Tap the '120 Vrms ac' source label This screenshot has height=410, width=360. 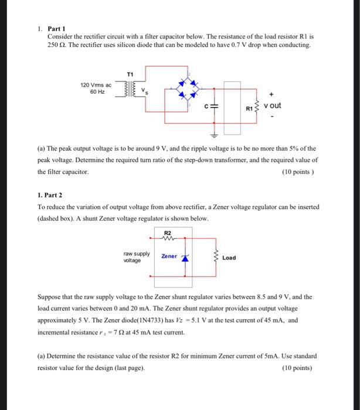coord(96,85)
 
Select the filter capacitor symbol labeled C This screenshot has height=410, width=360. coord(215,107)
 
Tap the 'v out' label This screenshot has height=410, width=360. coord(273,105)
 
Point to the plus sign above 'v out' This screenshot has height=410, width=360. coord(271,93)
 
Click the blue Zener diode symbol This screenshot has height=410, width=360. coord(186,257)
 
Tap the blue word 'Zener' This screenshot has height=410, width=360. coord(169,256)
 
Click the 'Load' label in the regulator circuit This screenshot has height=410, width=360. coord(229,257)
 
